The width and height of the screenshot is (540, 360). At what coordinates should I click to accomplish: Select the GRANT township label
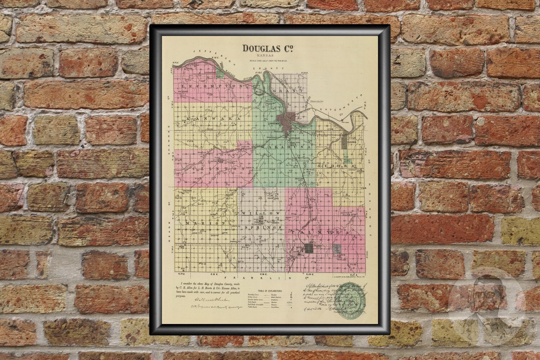tap(288, 91)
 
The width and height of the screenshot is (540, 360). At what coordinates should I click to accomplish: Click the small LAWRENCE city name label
tap(275, 123)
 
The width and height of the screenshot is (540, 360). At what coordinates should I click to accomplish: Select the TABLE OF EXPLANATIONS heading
tap(269, 290)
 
